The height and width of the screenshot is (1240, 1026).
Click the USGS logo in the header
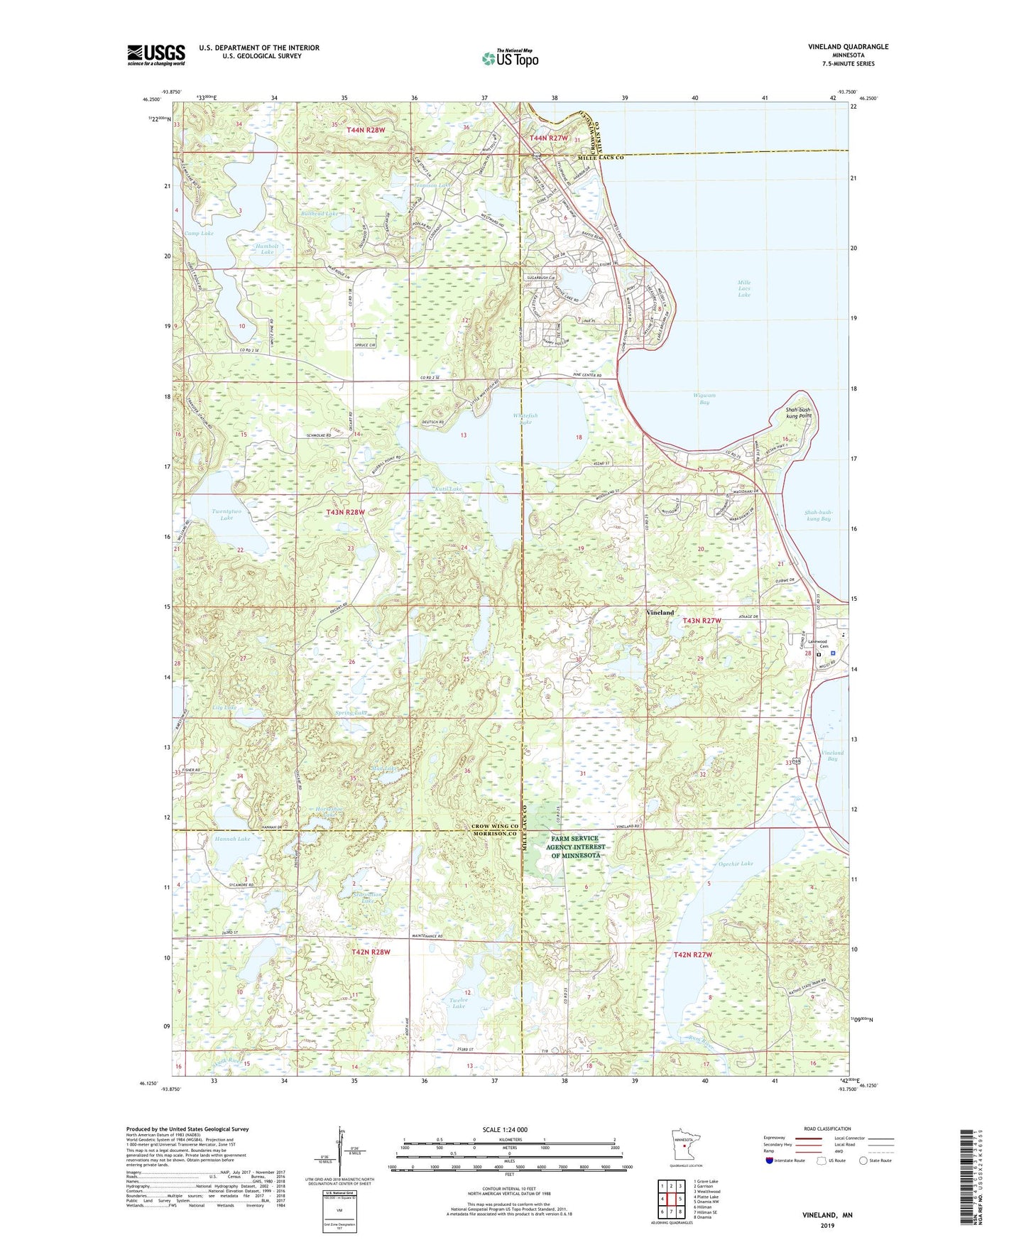click(156, 55)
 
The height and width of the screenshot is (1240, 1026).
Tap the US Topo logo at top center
click(510, 58)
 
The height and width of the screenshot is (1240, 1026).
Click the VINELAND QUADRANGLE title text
click(848, 47)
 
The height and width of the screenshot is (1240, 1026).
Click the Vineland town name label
click(660, 612)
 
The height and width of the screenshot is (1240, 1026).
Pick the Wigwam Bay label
click(704, 398)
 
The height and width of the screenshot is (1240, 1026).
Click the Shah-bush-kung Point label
click(798, 413)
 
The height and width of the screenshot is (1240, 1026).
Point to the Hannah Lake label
click(232, 839)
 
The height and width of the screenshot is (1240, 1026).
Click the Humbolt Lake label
click(267, 249)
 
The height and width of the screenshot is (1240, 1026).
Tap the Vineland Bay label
click(832, 756)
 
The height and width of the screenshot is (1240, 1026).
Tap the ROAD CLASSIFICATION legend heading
click(828, 1128)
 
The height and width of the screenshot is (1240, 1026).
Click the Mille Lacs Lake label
click(743, 288)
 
